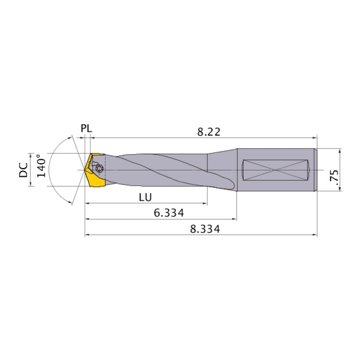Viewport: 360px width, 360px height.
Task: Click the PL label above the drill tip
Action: [x=86, y=128]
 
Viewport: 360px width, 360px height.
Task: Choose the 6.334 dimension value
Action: [x=169, y=213]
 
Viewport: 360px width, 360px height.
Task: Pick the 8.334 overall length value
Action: [x=205, y=229]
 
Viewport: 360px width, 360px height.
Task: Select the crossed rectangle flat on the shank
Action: [x=276, y=169]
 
